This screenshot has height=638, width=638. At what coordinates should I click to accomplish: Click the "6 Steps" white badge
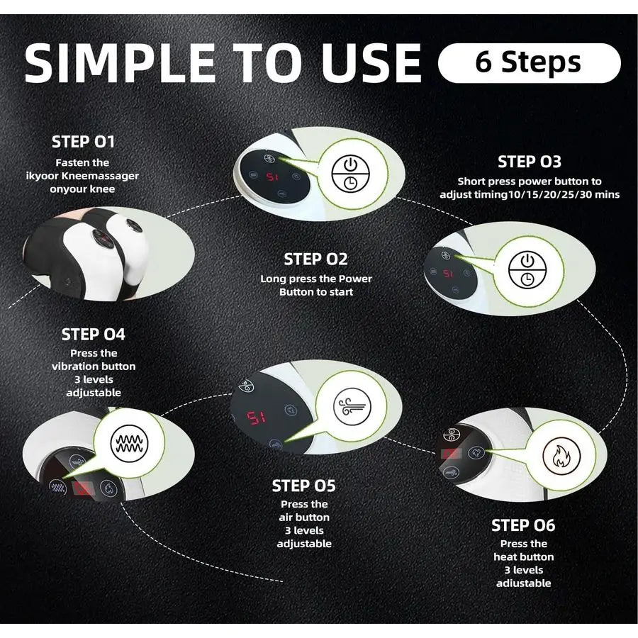point(529,63)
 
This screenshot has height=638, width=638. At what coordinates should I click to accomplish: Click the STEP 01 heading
point(83,142)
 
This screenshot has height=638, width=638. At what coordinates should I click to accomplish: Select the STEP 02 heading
point(315,259)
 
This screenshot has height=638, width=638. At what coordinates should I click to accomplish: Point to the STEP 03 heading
point(529,162)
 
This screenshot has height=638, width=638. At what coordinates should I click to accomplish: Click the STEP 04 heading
point(93,334)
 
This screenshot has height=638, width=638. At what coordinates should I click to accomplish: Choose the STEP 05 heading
point(303,486)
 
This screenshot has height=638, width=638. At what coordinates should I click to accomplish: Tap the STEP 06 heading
point(523,525)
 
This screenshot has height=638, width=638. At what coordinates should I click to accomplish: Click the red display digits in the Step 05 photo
point(256,418)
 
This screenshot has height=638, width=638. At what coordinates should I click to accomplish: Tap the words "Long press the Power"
point(315,279)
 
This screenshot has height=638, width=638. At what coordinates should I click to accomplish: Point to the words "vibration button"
point(94,366)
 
